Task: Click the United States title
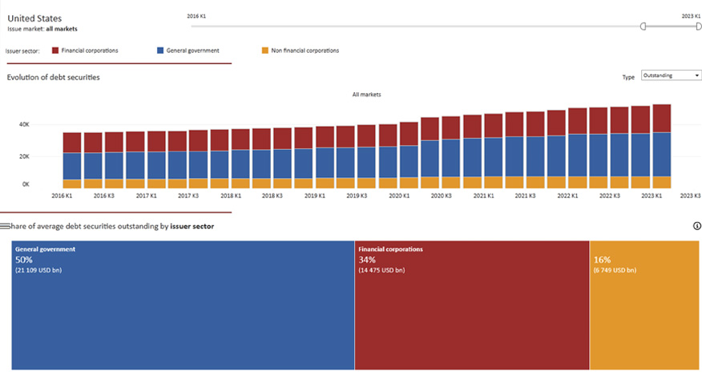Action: tap(34, 18)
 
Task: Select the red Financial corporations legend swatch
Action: tap(55, 51)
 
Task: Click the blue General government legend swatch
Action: tap(159, 51)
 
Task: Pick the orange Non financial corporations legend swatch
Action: tap(265, 51)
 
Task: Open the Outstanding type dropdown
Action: tap(672, 76)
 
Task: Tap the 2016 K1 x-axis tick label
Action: tap(62, 195)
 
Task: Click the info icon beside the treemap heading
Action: tap(696, 226)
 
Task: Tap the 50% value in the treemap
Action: tap(23, 260)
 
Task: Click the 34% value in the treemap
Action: tap(366, 260)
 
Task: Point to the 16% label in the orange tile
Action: tap(602, 260)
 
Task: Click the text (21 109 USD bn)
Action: tap(38, 270)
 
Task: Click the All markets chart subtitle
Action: tap(366, 95)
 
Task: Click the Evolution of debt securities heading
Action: tap(53, 77)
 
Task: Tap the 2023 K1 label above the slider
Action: tap(692, 15)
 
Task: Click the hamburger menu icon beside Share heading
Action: tap(5, 227)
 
